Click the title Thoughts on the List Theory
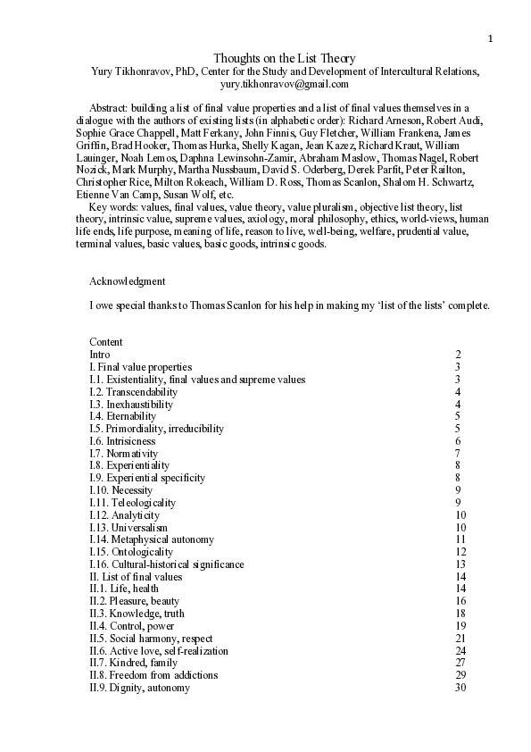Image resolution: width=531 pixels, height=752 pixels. (x=285, y=59)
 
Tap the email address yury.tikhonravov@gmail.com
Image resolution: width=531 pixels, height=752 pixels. (x=285, y=84)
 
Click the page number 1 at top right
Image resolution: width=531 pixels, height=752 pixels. (x=490, y=38)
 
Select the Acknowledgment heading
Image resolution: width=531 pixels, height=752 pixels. (x=127, y=281)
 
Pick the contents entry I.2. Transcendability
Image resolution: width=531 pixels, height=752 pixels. (x=133, y=392)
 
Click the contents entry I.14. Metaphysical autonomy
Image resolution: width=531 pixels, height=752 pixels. (x=152, y=539)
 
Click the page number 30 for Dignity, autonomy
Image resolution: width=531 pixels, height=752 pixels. (x=460, y=689)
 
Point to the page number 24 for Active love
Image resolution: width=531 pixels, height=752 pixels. (x=460, y=651)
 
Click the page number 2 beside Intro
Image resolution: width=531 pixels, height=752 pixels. (x=458, y=355)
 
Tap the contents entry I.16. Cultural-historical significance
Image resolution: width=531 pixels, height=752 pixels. (x=166, y=564)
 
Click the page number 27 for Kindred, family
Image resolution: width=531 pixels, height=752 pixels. (x=460, y=664)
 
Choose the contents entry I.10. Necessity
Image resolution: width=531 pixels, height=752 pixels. (x=121, y=490)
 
